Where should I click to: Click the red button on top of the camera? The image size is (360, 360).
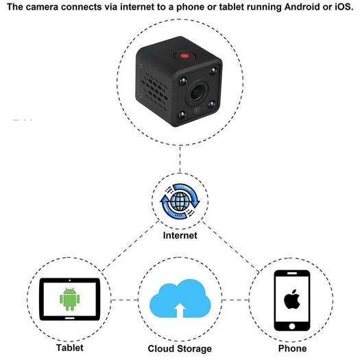tap(184, 56)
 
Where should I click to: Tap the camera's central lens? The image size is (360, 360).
tap(197, 93)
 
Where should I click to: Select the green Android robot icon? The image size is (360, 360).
tap(69, 299)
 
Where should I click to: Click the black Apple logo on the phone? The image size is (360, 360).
tap(292, 299)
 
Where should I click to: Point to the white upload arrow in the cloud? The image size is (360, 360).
tap(180, 310)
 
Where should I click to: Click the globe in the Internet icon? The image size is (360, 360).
tap(180, 202)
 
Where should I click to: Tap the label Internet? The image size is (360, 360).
tap(180, 235)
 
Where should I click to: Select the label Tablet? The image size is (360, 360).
tap(70, 348)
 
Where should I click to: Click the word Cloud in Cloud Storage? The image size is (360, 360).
tap(161, 348)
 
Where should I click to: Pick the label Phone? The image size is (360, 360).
tap(292, 348)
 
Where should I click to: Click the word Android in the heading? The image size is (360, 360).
tap(302, 7)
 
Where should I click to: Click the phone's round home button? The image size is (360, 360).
tap(292, 326)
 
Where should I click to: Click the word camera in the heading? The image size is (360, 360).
tap(41, 7)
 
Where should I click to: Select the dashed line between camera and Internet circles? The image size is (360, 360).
tap(180, 159)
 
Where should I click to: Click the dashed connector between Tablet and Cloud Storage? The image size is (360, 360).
tap(125, 300)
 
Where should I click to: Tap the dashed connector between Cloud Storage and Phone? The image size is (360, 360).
tap(236, 300)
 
